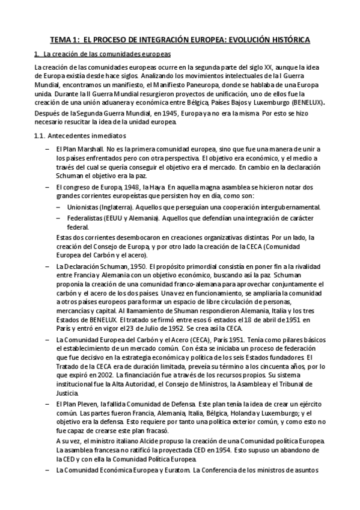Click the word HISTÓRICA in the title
[288, 40]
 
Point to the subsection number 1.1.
[40, 135]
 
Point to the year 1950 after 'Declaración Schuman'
[138, 266]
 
